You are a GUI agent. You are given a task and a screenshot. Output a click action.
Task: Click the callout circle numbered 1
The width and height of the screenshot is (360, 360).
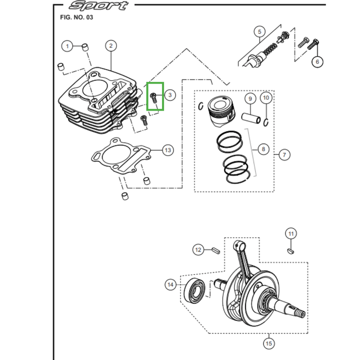67,46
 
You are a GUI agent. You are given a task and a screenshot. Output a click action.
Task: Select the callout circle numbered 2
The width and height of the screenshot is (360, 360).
111,46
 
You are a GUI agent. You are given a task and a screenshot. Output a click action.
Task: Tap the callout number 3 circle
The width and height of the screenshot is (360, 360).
170,95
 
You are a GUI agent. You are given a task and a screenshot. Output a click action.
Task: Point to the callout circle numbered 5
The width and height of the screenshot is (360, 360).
260,31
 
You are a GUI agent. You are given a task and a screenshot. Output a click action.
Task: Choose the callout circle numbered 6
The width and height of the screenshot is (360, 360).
317,62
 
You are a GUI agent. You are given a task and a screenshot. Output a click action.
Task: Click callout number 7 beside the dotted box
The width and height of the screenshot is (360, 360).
284,155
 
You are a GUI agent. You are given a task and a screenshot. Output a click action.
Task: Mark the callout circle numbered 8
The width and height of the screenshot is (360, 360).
263,149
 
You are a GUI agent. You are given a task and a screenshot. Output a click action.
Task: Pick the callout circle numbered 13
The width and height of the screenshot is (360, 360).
168,150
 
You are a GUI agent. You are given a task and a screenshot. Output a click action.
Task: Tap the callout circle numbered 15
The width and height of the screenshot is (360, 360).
269,343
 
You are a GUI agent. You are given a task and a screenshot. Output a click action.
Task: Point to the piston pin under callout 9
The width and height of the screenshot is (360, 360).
251,118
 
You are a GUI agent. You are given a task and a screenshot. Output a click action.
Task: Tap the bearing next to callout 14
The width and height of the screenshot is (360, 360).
195,290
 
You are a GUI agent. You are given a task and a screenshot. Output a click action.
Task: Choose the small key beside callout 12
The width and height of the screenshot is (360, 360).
216,250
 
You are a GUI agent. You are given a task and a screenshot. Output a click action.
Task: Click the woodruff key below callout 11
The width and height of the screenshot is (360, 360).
290,251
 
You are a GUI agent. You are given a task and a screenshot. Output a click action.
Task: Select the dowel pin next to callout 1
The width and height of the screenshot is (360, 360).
85,48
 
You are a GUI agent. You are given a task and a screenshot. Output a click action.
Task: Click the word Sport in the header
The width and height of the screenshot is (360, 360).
99,5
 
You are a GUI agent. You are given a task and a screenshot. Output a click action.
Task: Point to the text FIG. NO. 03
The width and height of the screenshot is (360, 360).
76,18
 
